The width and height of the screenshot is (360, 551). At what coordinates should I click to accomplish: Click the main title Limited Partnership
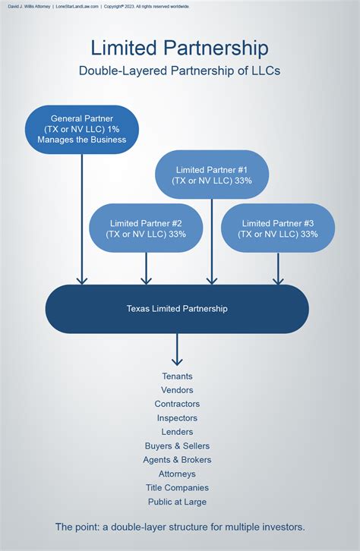(179, 48)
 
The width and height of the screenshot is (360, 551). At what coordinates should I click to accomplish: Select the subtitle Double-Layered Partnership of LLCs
(179, 71)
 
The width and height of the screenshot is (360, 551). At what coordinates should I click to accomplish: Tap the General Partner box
(82, 129)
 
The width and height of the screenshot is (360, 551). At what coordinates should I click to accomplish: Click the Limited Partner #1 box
(211, 175)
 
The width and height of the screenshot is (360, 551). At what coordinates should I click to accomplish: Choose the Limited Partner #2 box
(146, 228)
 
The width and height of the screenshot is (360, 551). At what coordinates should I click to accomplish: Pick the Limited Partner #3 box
(277, 228)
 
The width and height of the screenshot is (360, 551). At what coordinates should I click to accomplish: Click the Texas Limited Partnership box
(177, 309)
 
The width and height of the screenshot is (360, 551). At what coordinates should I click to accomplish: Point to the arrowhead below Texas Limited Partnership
(177, 361)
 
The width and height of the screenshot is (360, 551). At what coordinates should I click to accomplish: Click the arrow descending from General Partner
(82, 220)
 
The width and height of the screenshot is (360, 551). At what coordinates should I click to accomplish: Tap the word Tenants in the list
(177, 376)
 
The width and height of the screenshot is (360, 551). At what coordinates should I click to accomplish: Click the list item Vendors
(177, 390)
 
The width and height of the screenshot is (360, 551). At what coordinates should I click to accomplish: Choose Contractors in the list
(177, 404)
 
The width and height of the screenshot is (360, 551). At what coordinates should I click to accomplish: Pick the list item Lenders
(177, 432)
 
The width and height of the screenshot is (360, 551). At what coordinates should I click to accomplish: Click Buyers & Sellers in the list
(177, 446)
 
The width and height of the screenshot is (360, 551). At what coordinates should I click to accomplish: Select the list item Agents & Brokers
(177, 460)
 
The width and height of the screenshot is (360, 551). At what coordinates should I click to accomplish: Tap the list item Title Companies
(177, 488)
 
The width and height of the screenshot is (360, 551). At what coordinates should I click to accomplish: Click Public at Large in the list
(177, 502)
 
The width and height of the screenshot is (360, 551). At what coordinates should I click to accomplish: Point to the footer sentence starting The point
(179, 527)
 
